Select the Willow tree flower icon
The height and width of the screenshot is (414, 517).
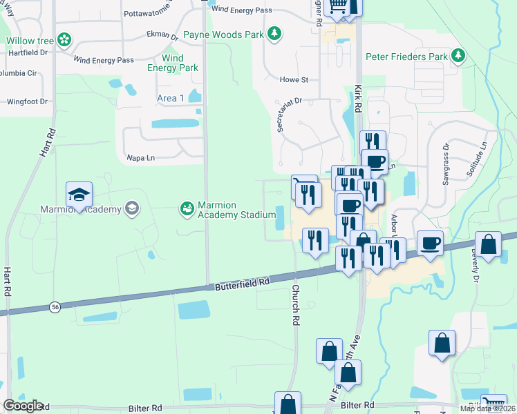64,41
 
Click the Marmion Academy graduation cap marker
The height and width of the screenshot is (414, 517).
79,195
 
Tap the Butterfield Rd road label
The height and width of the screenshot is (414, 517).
241,284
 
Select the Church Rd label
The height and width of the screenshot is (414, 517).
295,305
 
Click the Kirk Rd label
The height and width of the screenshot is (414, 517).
358,99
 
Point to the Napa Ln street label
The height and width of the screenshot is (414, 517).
141,158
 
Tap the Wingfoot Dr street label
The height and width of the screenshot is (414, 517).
27,101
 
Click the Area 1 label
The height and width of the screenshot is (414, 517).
171,98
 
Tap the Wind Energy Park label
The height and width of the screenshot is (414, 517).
173,63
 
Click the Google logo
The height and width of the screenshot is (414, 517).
22,406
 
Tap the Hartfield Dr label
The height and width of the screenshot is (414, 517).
28,52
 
